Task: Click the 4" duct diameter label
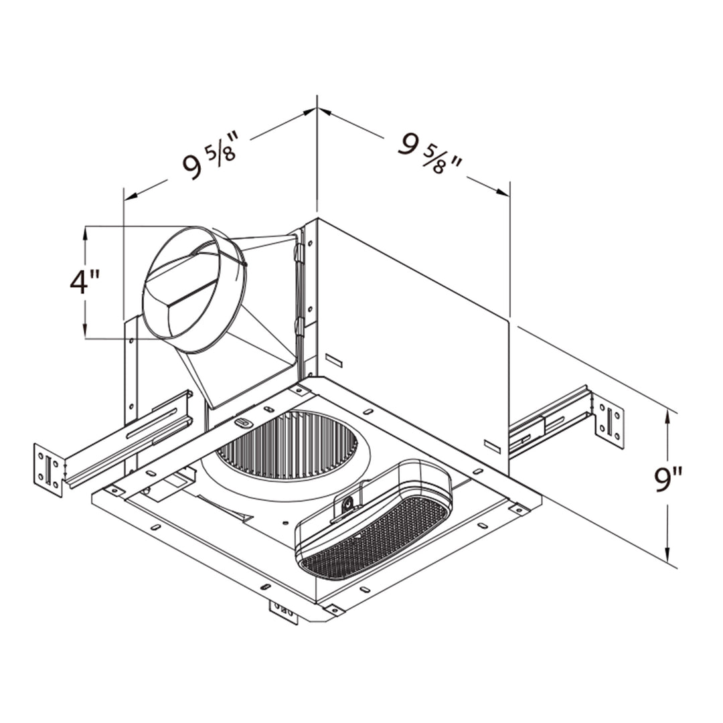pos(85,282)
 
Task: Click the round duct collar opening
pos(194,290)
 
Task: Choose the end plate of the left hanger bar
pos(48,469)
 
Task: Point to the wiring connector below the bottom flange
pos(283,611)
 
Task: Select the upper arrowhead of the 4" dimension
pos(86,232)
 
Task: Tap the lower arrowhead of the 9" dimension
pos(667,555)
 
